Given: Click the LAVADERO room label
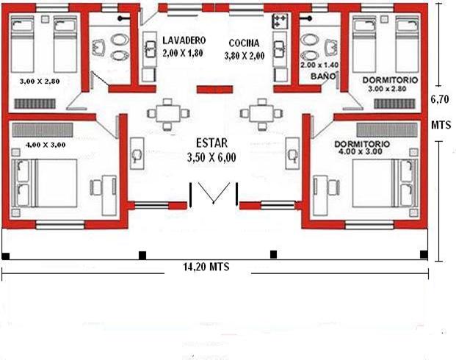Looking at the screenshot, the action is [x=184, y=40].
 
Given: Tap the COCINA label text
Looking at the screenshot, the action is [x=244, y=43].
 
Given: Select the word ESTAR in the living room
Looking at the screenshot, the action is [x=211, y=143].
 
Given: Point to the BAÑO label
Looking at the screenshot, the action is [x=323, y=76].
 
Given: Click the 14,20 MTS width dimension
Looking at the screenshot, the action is [x=206, y=267].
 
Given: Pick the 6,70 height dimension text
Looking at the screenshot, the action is [x=440, y=99].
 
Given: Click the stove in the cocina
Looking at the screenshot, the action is [x=280, y=21].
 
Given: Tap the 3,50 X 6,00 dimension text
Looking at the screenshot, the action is [x=211, y=157].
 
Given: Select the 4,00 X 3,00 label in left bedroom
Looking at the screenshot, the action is [x=46, y=145].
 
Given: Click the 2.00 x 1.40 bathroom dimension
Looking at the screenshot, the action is [x=319, y=65].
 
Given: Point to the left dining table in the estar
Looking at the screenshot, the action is [x=168, y=114].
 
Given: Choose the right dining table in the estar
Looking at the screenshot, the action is [x=261, y=114].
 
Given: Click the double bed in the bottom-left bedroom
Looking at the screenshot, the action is [x=45, y=183].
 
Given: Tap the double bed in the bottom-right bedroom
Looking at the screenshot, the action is [x=385, y=183].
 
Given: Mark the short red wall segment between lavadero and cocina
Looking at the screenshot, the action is [x=214, y=90].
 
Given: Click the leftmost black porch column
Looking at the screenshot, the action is [x=6, y=256].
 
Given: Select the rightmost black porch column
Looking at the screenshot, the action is [x=424, y=254].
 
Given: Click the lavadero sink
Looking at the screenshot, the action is [x=150, y=49].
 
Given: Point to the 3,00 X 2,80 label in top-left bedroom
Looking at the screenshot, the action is [x=40, y=82].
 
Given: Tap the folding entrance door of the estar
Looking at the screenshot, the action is [x=214, y=192].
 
